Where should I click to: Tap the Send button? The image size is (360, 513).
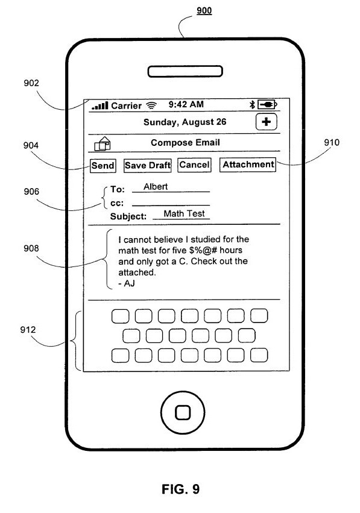click(103, 165)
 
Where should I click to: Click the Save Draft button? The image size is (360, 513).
click(148, 165)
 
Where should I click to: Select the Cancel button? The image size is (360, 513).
click(194, 165)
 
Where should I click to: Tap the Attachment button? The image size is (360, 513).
click(248, 164)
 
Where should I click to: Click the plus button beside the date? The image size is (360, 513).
click(266, 122)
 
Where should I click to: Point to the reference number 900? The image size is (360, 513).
click(204, 10)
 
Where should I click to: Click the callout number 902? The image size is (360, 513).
click(31, 83)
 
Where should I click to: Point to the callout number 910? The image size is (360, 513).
click(332, 142)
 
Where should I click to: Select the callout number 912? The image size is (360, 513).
click(28, 330)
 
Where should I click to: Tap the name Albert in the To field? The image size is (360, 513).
click(156, 186)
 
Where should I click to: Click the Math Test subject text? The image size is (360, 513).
click(184, 213)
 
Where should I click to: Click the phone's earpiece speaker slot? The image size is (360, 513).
click(185, 71)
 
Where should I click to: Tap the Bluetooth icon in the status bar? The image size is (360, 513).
click(252, 104)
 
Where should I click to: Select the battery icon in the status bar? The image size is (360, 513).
click(267, 104)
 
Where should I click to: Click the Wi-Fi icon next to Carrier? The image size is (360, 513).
click(151, 105)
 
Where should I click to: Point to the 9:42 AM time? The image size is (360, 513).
click(186, 104)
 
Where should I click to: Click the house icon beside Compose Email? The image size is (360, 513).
click(103, 143)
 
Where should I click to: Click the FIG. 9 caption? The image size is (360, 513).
click(180, 489)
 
